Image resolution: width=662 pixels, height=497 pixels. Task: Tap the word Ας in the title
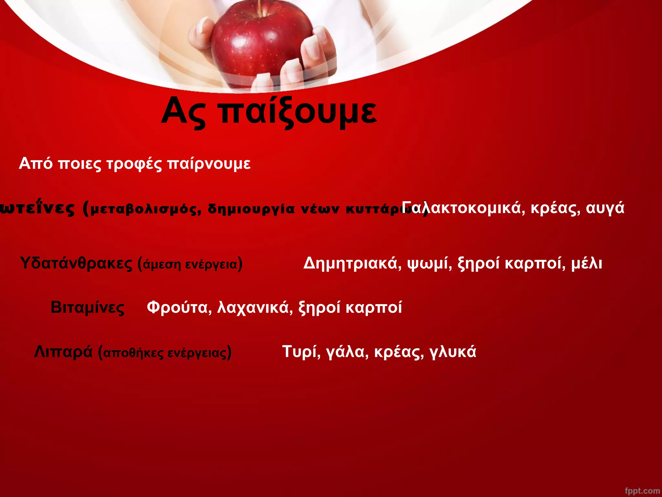(183, 112)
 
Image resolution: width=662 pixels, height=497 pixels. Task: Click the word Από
(36, 163)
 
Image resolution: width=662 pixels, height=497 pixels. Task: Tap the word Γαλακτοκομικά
(459, 208)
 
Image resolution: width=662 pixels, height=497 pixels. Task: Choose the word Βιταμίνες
(87, 307)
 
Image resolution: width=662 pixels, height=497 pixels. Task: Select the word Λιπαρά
(63, 352)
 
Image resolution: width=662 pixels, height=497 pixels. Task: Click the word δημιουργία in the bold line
(251, 209)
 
